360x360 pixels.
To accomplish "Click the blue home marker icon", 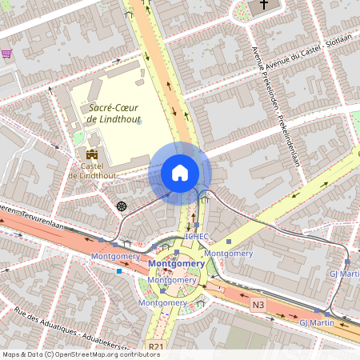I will [x=180, y=173].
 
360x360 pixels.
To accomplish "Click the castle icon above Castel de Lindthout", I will [x=90, y=154].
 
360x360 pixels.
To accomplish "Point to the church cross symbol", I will [x=263, y=6].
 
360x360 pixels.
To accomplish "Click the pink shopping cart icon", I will [x=6, y=54].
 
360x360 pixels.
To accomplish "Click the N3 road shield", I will [x=258, y=305].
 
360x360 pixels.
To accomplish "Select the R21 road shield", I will [x=154, y=347].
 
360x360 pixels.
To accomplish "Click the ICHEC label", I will [x=197, y=237].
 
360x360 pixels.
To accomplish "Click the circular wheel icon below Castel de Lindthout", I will [x=122, y=206].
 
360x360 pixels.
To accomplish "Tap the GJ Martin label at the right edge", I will [x=344, y=273].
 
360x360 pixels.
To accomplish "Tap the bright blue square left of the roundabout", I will [x=119, y=271].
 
